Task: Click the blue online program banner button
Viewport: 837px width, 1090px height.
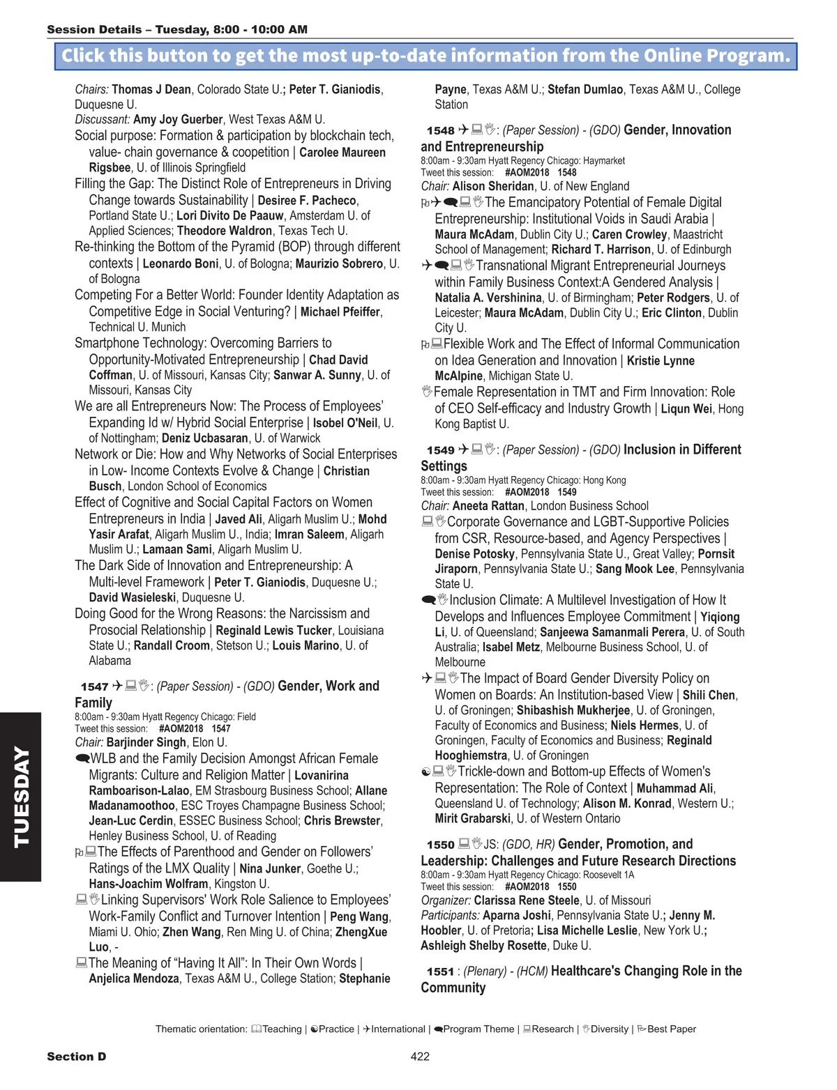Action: pyautogui.click(x=425, y=56)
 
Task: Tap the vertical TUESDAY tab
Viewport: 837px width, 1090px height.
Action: pyautogui.click(x=21, y=797)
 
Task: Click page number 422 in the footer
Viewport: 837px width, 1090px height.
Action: pyautogui.click(x=420, y=1057)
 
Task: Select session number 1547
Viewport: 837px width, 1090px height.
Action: pyautogui.click(x=95, y=687)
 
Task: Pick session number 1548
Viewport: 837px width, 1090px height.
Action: pyautogui.click(x=441, y=131)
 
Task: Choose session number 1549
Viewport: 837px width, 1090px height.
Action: pyautogui.click(x=441, y=451)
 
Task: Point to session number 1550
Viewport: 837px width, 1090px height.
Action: pyautogui.click(x=441, y=845)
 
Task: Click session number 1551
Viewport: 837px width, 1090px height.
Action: pyautogui.click(x=441, y=972)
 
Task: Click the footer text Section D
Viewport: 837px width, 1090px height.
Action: pyautogui.click(x=77, y=1057)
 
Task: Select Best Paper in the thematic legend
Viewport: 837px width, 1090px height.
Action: pyautogui.click(x=671, y=1029)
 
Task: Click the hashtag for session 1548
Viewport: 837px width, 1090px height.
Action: pyautogui.click(x=527, y=173)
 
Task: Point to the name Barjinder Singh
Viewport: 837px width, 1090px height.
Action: pyautogui.click(x=146, y=743)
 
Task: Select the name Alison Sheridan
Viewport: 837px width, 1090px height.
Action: pyautogui.click(x=493, y=187)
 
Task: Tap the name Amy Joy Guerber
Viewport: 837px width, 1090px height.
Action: pyautogui.click(x=178, y=120)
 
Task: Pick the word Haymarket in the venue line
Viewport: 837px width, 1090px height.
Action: pyautogui.click(x=604, y=161)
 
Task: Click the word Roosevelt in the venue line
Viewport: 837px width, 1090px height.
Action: pyautogui.click(x=603, y=875)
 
